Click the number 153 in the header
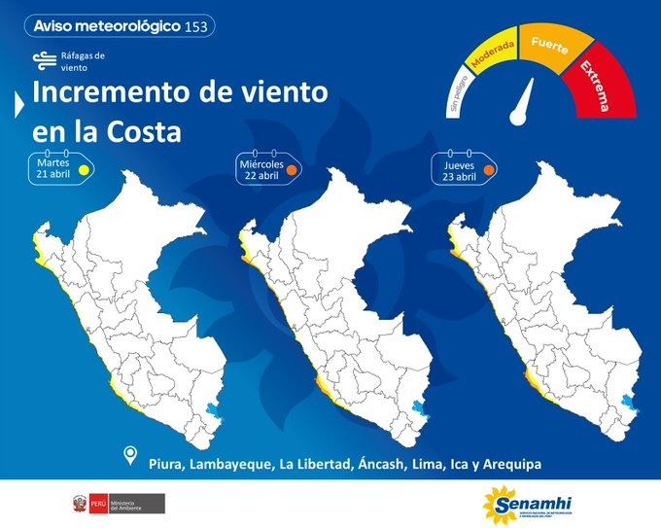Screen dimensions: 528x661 click(x=194, y=26)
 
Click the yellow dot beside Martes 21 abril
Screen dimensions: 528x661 click(x=85, y=169)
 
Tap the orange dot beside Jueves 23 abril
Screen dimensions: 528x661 click(x=490, y=168)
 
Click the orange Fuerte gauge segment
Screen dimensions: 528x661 click(x=550, y=48)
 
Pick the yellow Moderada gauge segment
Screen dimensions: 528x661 click(x=493, y=56)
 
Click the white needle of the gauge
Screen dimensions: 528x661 click(x=526, y=101)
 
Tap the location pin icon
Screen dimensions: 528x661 click(x=131, y=456)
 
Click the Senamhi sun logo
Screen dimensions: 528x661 click(x=499, y=505)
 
